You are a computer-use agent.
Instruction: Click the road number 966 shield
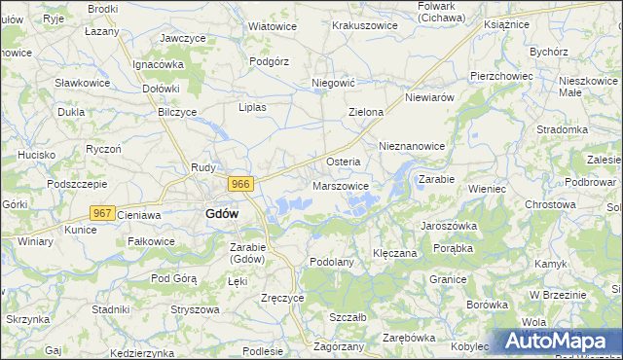coord(242,183)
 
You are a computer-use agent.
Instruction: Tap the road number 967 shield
coord(102,212)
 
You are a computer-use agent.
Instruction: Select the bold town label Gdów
coord(222,214)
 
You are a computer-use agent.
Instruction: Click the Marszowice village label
coord(341,185)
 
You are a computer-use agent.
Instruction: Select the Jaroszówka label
coord(448,224)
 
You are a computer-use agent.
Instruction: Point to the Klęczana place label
coord(395,253)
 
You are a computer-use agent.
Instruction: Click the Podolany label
coord(331,262)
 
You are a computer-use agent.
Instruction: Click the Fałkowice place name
coord(151,240)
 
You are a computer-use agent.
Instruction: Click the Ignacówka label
coord(159,64)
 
